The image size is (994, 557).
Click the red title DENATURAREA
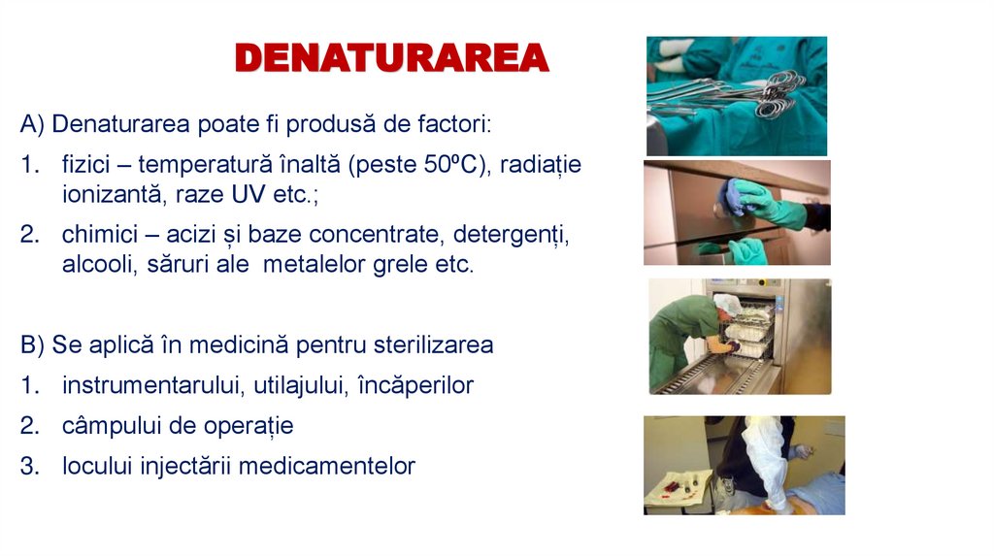tap(391, 58)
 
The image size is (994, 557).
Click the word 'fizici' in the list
tap(85, 164)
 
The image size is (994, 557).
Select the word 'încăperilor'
tap(415, 385)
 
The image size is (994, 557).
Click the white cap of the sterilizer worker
tap(726, 305)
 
